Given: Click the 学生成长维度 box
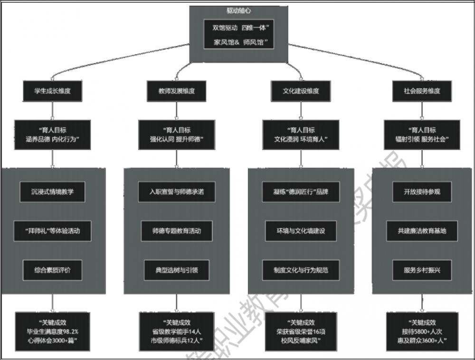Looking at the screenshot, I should (52, 91).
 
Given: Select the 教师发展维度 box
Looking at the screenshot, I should (176, 91).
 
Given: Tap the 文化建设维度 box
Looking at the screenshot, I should (301, 91).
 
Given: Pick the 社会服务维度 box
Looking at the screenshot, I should (422, 91).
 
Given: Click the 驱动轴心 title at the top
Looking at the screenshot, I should (239, 10).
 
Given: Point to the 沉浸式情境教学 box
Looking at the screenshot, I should (52, 192).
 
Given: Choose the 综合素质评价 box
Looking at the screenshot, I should (52, 270).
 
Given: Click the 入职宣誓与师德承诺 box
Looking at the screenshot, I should (176, 192).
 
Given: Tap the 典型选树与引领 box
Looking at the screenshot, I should (177, 270).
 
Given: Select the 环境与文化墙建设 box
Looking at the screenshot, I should (301, 231).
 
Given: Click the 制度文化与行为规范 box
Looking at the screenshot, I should (301, 270).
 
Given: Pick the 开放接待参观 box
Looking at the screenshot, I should (422, 192).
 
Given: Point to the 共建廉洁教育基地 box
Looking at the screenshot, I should (422, 231).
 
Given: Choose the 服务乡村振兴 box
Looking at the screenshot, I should (422, 270).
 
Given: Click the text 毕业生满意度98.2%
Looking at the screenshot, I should (52, 332).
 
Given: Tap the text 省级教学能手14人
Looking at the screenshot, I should (177, 332).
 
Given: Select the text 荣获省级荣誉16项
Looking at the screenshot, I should (301, 332).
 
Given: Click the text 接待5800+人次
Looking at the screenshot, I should (422, 332).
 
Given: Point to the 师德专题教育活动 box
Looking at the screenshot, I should (177, 231).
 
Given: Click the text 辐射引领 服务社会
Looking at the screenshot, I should (422, 139).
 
